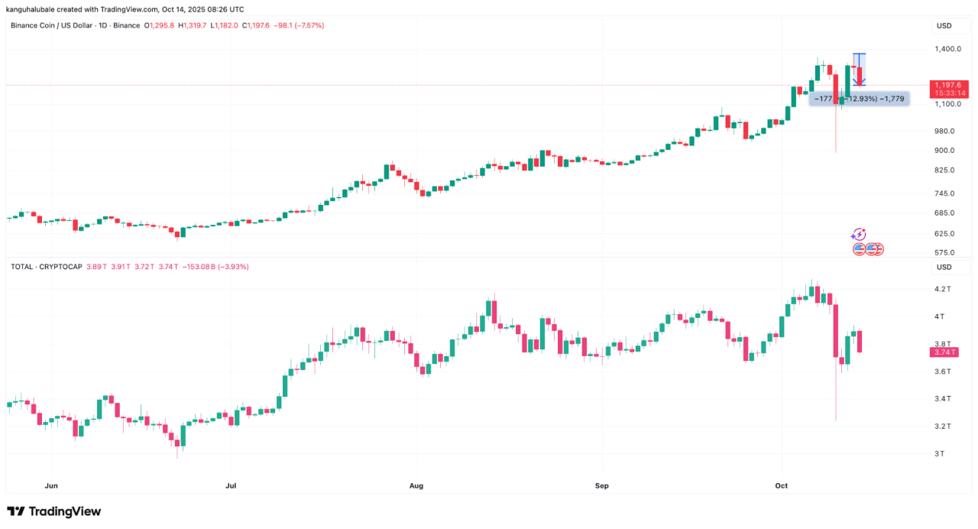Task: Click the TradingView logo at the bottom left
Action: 53,511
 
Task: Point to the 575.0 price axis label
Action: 944,252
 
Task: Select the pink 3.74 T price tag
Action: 944,352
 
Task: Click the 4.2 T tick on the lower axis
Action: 942,289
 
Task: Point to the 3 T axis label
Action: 940,453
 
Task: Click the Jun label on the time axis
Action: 52,485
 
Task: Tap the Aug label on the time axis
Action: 416,485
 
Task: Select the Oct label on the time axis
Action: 781,485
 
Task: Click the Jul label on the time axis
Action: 230,485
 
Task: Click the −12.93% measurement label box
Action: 860,99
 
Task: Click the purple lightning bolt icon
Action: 859,234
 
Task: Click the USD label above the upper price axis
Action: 944,25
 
